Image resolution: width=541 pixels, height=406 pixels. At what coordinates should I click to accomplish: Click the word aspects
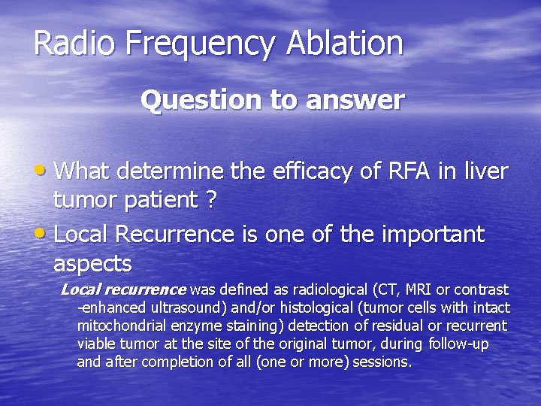point(92,264)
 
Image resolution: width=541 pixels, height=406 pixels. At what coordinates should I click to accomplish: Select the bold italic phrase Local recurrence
point(123,289)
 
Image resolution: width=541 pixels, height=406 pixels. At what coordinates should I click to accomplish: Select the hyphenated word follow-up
point(462,344)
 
